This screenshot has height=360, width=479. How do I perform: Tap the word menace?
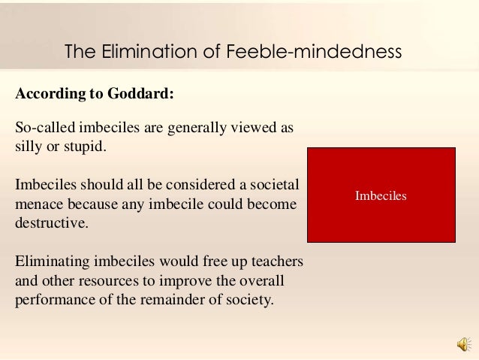tap(40, 204)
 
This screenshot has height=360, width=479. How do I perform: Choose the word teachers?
tap(273, 262)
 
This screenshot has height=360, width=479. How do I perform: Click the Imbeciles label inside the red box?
tap(381, 195)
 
